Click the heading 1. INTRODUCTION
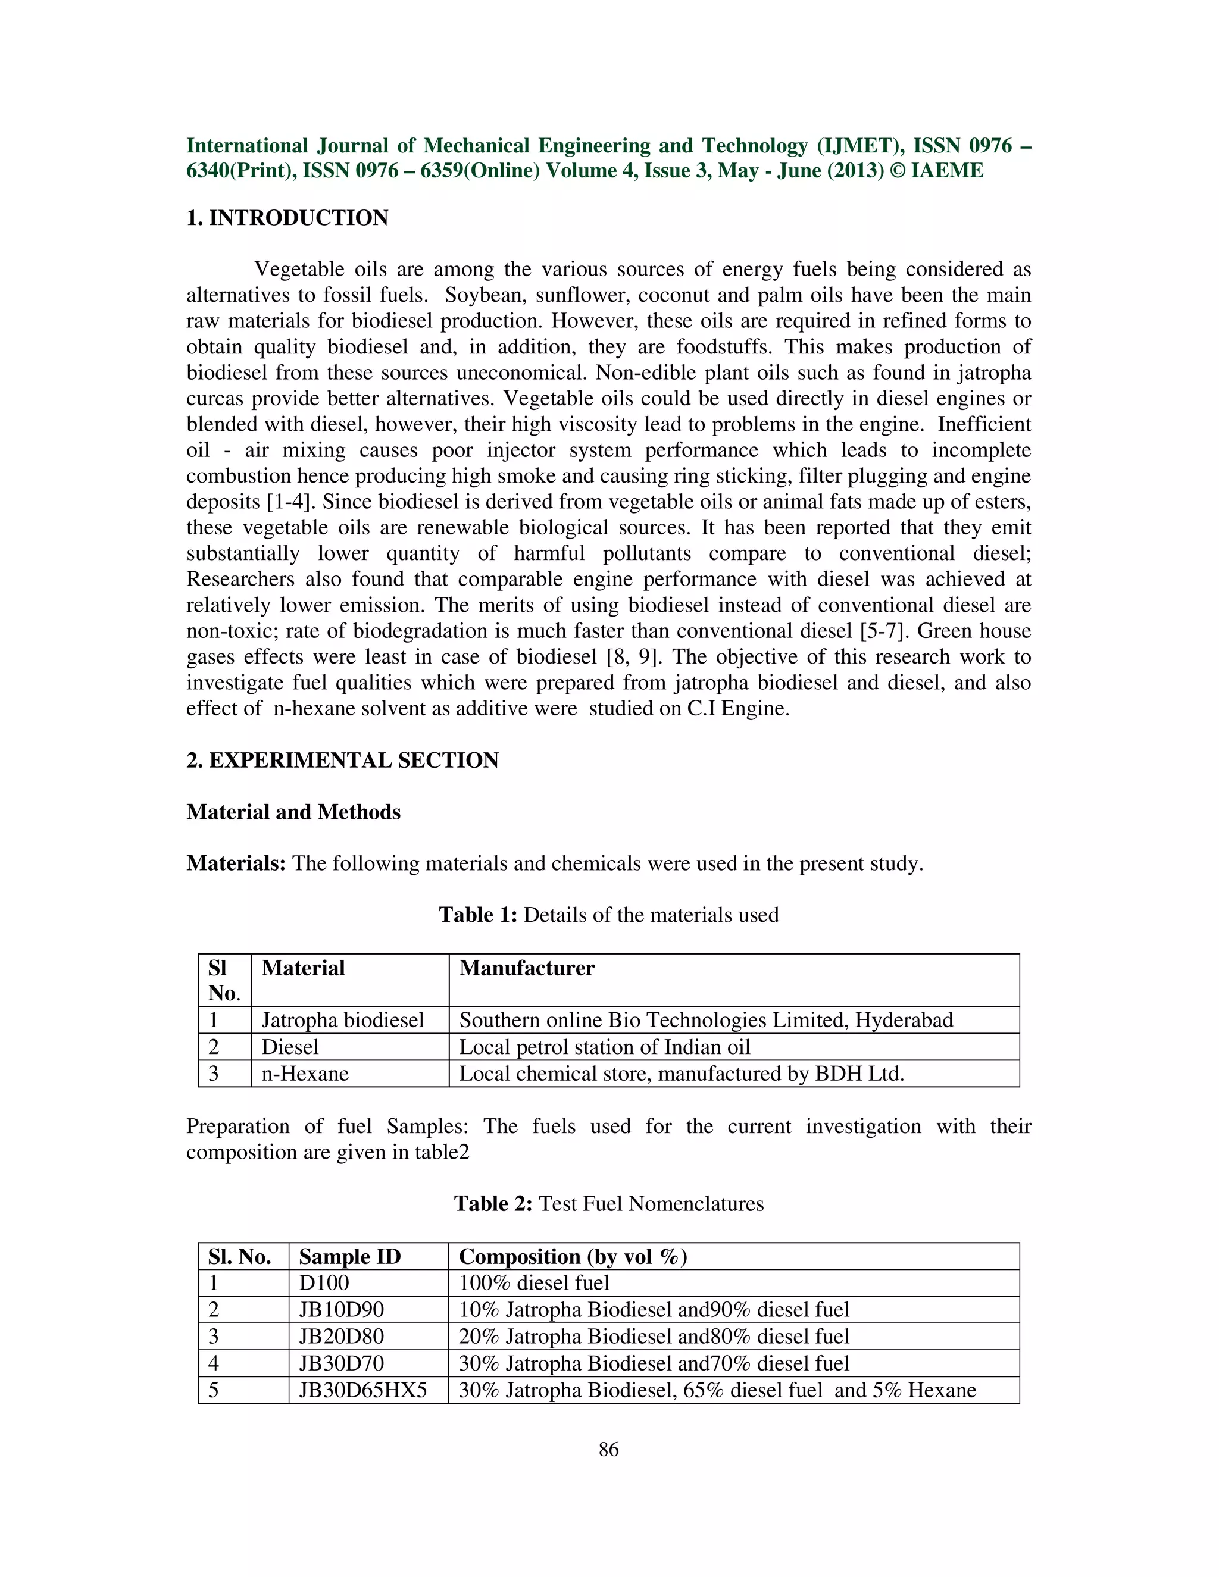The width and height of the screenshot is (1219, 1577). point(287,218)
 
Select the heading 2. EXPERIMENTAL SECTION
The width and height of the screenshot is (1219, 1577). point(342,761)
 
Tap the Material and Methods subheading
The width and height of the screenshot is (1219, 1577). point(293,812)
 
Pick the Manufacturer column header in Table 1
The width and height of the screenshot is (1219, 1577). point(526,968)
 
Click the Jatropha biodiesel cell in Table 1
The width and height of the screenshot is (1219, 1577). point(342,1020)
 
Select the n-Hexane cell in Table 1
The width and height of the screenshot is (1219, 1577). point(305,1074)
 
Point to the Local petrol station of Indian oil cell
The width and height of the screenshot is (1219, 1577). point(605,1047)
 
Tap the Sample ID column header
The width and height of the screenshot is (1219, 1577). point(349,1257)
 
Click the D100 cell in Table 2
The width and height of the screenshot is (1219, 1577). point(324,1283)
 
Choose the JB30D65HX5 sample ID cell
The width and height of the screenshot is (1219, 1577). point(362,1390)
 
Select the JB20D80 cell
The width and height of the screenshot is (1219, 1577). point(341,1337)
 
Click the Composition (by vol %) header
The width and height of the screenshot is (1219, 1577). point(573,1257)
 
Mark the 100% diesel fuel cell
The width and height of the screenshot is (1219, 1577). point(534,1283)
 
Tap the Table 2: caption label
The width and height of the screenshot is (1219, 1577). point(493,1204)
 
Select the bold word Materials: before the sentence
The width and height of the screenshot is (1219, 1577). point(236,863)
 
